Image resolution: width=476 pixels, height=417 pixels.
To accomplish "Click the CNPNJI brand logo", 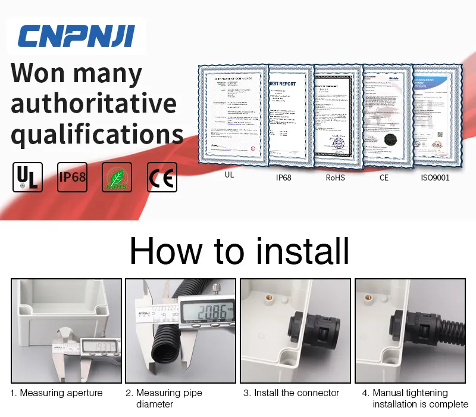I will pos(76,36).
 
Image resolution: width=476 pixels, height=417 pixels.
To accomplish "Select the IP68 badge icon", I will pos(72,177).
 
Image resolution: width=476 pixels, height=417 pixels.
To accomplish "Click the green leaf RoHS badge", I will pos(117,177).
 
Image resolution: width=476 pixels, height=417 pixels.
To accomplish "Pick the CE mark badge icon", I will pos(162,177).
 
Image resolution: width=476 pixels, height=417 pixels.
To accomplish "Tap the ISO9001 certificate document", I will pos(436,113).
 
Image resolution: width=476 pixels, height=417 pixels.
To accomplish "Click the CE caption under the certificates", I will pos(384,176).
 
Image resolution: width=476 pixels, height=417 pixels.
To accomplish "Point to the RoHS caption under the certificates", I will pos(336,176).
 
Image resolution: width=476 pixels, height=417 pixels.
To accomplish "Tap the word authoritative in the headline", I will pos(93,104).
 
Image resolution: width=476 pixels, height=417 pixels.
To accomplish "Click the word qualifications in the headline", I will pos(97,134).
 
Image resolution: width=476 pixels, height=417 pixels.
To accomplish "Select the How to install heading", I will pos(239,251).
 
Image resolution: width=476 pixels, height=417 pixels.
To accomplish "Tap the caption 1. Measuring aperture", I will pos(57,393).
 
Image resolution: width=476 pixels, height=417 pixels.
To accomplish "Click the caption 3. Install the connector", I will pos(292,393).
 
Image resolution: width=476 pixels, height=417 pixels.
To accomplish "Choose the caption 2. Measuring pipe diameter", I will pos(164,399).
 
